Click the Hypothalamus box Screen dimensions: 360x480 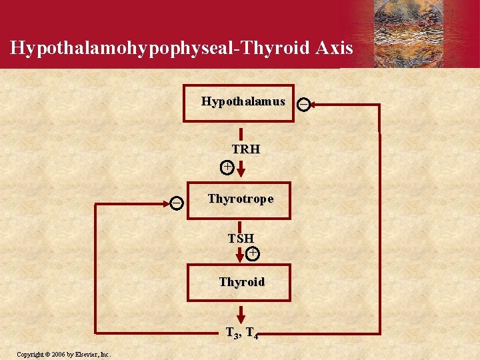(x=238, y=103)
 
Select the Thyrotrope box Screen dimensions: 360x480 (x=239, y=199)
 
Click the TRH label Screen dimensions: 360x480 (x=246, y=149)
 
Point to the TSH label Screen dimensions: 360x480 (x=241, y=238)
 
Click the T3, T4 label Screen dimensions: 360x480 (x=242, y=333)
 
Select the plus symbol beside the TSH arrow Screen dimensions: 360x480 (x=253, y=253)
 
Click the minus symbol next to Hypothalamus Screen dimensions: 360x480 (x=303, y=104)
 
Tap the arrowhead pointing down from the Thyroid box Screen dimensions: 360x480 (x=241, y=317)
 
